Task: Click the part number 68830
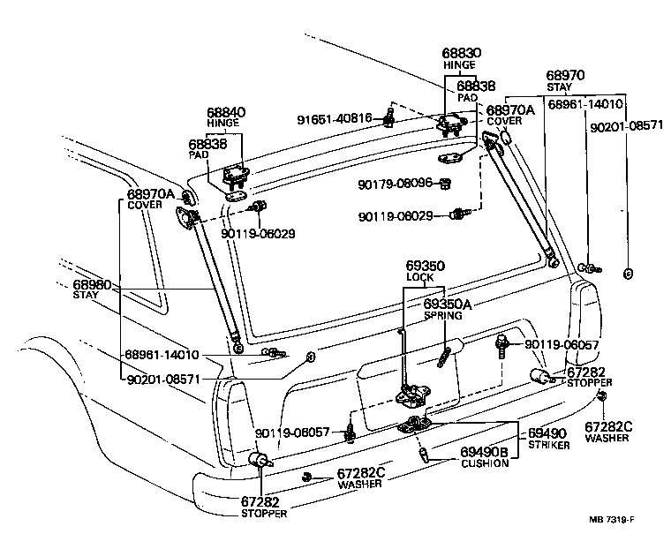point(461,53)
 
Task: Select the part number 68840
point(226,113)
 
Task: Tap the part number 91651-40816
point(335,118)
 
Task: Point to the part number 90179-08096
point(395,184)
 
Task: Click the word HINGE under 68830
point(459,65)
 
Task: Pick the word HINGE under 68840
point(222,124)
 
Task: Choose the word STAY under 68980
point(86,295)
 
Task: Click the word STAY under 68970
point(559,87)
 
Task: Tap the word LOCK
point(419,277)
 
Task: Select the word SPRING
point(443,316)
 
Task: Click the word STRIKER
point(549,446)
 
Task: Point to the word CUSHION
point(485,463)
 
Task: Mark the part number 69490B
point(484,452)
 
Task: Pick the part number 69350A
point(448,305)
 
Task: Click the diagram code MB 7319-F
point(611,520)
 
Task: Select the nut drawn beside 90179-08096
point(446,184)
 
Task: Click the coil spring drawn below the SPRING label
point(443,357)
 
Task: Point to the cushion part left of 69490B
point(424,454)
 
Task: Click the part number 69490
point(547,433)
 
